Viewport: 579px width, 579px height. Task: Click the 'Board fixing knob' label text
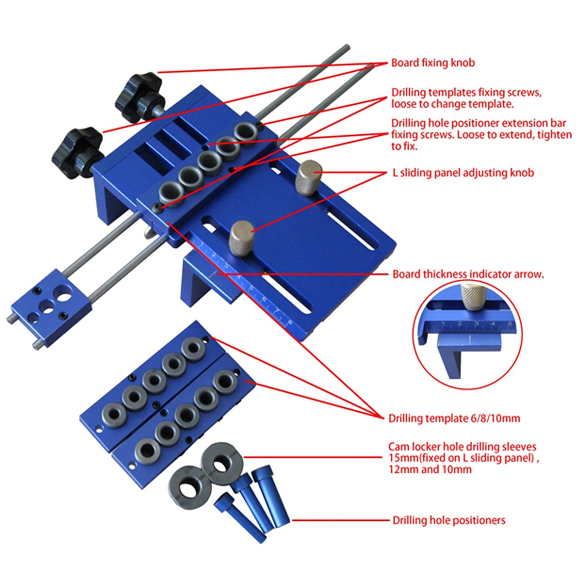(433, 63)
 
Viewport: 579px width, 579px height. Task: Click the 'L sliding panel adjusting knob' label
(463, 173)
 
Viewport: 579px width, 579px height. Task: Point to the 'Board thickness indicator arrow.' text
(468, 274)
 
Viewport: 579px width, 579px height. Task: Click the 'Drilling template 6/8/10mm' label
(454, 419)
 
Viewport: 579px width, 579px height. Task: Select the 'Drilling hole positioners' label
(449, 521)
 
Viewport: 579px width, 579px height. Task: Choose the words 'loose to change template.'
(452, 104)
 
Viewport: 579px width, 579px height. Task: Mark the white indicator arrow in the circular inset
(470, 341)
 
